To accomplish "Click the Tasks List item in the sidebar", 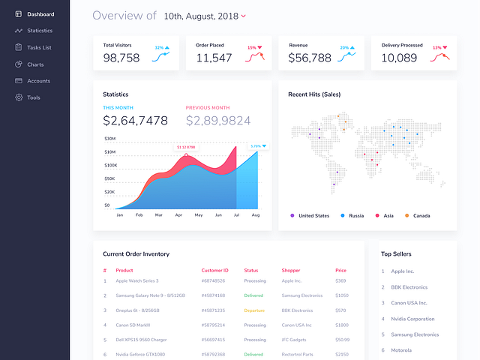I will [x=38, y=47].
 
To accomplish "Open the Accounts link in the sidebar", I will [x=38, y=81].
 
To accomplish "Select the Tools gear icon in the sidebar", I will [x=19, y=97].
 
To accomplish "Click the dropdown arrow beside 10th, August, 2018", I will [x=244, y=16].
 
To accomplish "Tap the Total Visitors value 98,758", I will [x=121, y=58].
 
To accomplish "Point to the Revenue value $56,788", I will [x=310, y=58].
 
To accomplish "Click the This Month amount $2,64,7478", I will [x=135, y=120].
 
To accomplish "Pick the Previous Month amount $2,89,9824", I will [x=218, y=120].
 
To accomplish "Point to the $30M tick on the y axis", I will [x=109, y=139].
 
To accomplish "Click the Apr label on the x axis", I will [x=178, y=215].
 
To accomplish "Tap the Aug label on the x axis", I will [x=256, y=215].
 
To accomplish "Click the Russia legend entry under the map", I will [x=356, y=216].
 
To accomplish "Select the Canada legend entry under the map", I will [x=421, y=216].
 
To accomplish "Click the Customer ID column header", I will [x=214, y=270].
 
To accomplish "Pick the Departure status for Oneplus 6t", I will [x=254, y=310].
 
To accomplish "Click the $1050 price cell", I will [x=341, y=295].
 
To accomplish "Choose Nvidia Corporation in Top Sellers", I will [x=412, y=319].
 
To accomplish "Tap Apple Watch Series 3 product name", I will [x=137, y=281].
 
